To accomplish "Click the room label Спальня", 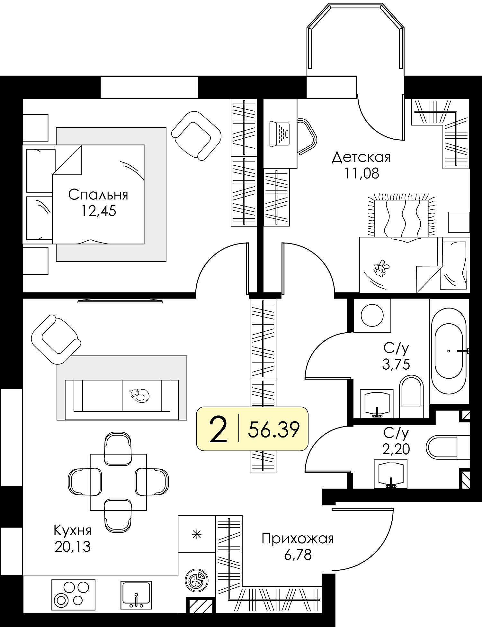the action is [x=98, y=195].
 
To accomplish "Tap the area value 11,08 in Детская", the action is [x=362, y=173].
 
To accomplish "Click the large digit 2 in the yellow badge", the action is [x=218, y=429].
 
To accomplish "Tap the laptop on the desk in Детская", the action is [x=280, y=134].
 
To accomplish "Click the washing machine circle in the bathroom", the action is [x=372, y=316].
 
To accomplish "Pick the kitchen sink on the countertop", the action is [x=136, y=595].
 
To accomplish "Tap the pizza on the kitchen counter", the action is [x=196, y=580].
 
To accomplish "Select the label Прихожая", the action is [x=298, y=539].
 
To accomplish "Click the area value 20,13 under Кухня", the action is [x=73, y=547].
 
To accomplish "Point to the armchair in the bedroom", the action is [x=197, y=135].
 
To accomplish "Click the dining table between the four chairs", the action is [x=118, y=482].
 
